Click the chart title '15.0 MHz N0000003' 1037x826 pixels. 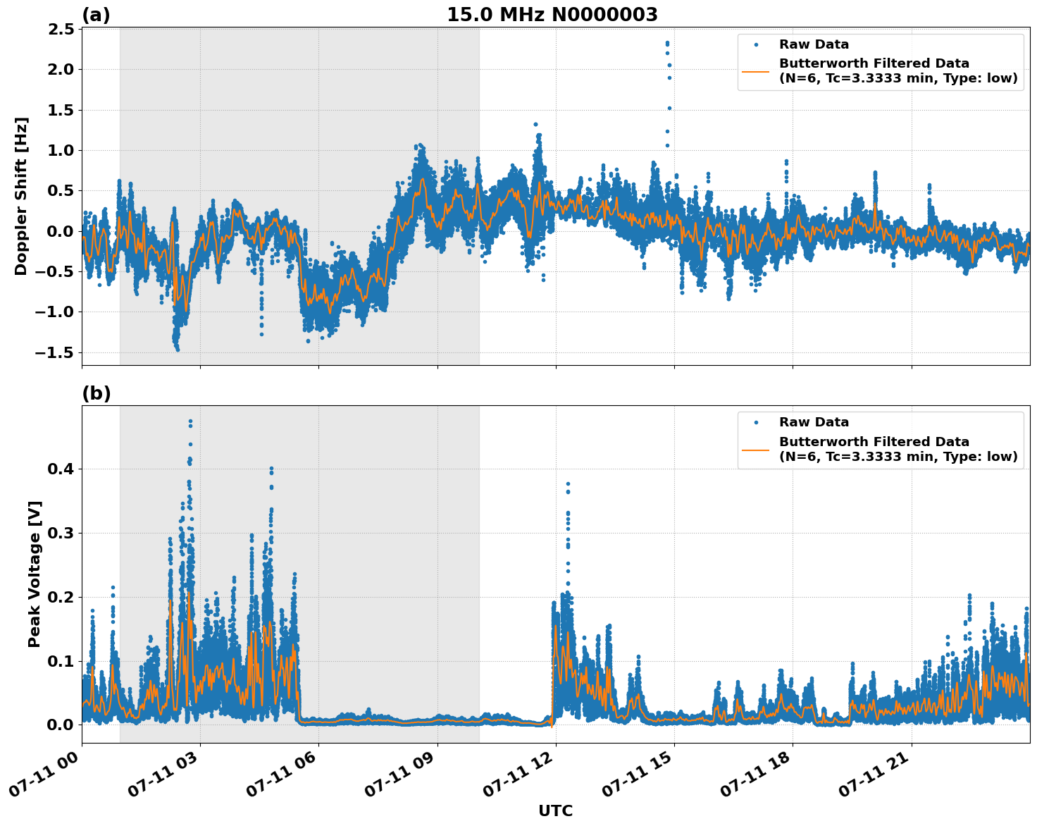point(552,15)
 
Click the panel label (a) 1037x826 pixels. point(96,15)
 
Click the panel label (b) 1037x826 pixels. point(96,393)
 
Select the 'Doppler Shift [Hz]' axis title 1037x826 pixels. point(21,196)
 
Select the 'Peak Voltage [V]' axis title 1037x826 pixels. point(35,574)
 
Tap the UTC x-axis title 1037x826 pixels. point(555,811)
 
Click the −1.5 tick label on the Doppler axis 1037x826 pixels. point(56,352)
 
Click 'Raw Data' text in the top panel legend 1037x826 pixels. point(814,44)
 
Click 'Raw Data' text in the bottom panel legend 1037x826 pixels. point(814,422)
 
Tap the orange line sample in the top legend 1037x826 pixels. point(755,71)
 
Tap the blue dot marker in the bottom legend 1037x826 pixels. point(755,422)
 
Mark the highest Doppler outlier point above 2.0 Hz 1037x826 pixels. point(667,43)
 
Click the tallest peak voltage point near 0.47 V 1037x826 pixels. point(190,421)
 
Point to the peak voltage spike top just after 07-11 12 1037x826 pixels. point(568,484)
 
